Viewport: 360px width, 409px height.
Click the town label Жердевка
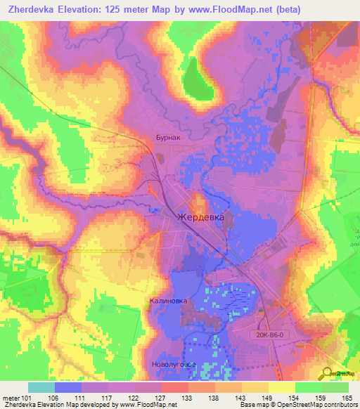click(x=200, y=218)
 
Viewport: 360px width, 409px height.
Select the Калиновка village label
click(x=168, y=301)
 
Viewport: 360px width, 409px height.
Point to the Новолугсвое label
click(x=173, y=365)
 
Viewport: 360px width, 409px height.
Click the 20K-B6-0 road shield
click(x=271, y=335)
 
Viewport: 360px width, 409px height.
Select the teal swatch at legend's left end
click(x=41, y=387)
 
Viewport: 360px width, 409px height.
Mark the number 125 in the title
click(x=123, y=10)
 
